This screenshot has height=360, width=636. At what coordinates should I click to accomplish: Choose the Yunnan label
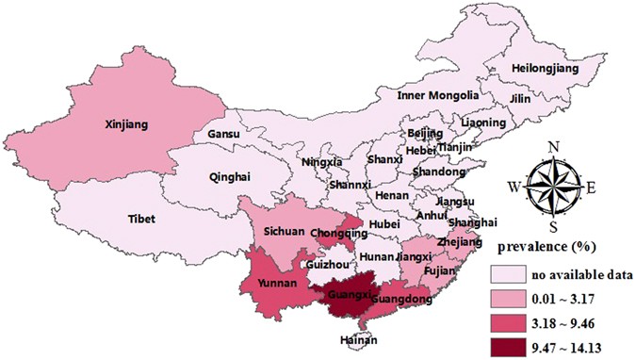tap(274, 283)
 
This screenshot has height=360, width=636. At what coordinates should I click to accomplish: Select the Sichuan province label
tap(281, 229)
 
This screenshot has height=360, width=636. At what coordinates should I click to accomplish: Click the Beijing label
tap(426, 134)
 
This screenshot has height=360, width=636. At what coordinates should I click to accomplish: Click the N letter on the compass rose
tap(555, 147)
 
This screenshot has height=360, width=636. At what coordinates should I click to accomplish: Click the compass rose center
tap(556, 187)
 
